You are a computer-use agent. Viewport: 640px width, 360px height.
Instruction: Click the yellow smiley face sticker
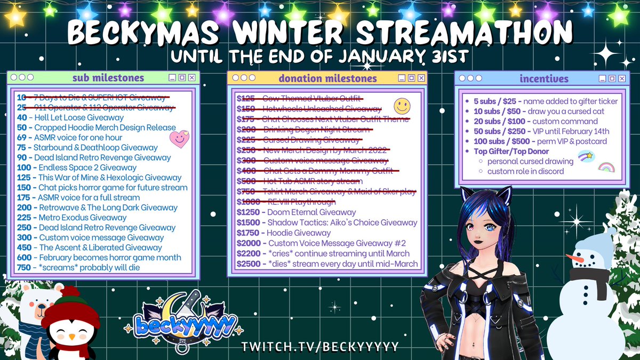(x=402, y=106)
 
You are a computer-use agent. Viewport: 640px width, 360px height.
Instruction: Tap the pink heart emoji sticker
(x=179, y=139)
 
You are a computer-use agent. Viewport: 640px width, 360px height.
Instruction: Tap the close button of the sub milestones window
(x=191, y=78)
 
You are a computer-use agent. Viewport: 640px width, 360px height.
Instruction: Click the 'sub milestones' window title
(x=108, y=78)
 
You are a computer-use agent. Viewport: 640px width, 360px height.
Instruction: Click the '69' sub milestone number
(x=22, y=138)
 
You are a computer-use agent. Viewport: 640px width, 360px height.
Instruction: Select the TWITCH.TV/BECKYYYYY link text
(x=320, y=347)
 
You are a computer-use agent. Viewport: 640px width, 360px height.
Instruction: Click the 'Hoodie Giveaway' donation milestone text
(x=299, y=233)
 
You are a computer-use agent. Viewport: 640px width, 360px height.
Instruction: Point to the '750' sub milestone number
(x=23, y=267)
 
